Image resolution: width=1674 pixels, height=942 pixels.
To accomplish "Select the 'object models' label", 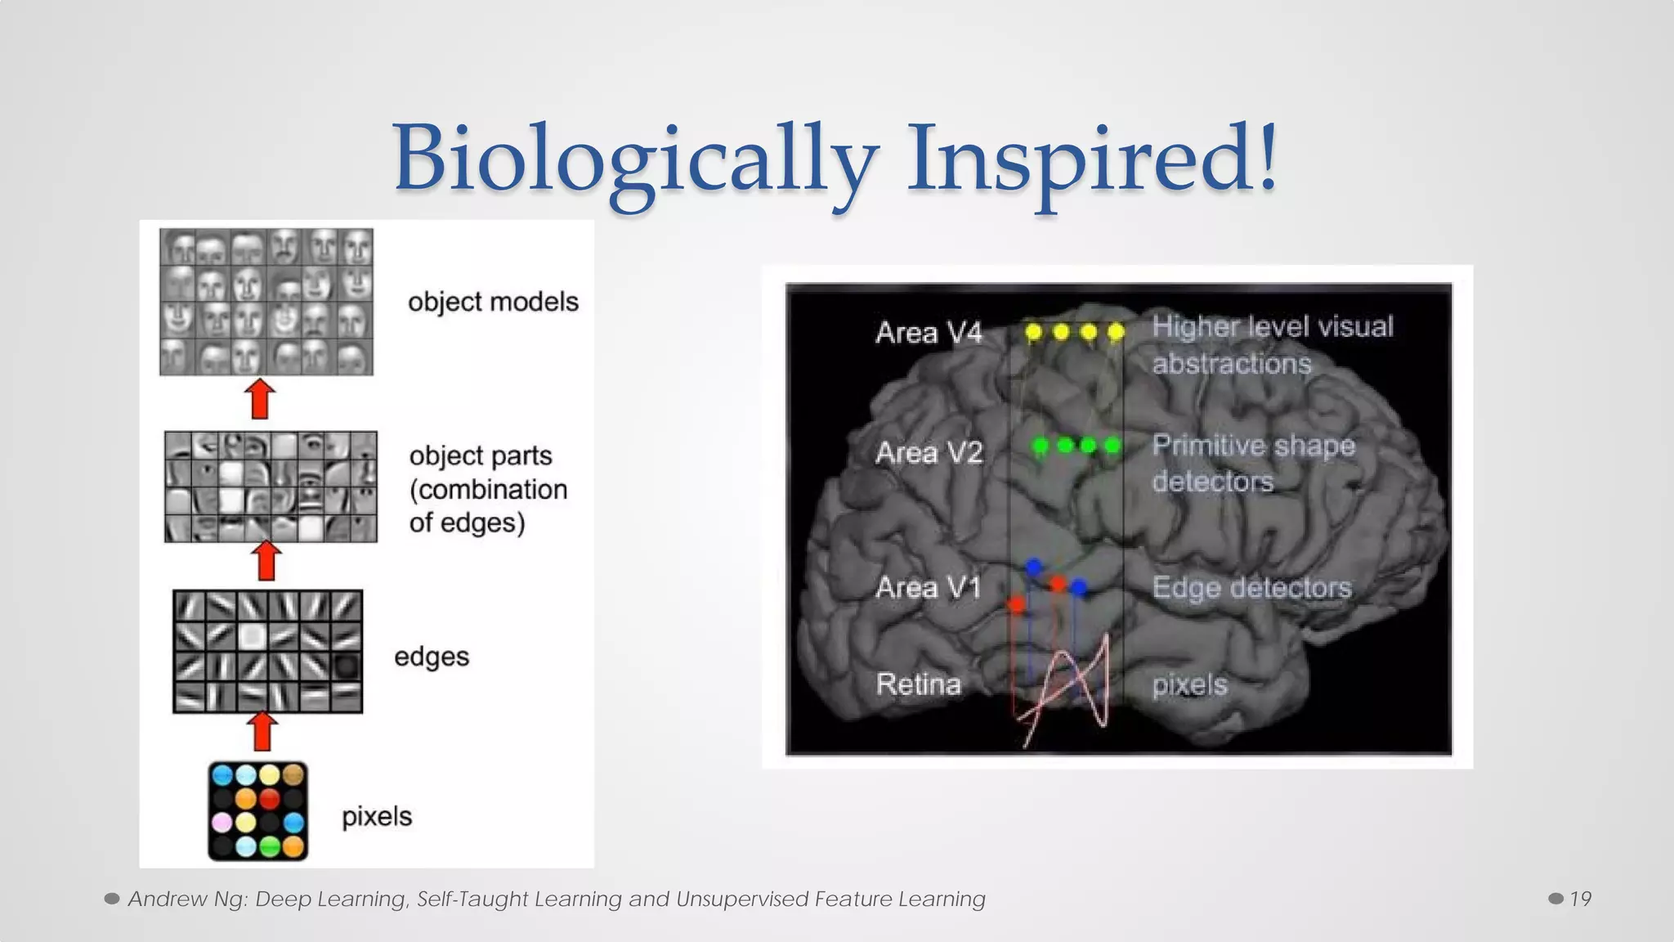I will tap(493, 302).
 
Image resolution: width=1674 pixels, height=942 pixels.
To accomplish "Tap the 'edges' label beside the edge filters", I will tap(432, 657).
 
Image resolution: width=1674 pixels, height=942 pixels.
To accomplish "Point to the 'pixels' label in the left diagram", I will tap(377, 816).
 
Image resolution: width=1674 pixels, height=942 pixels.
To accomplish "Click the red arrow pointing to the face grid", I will tap(260, 399).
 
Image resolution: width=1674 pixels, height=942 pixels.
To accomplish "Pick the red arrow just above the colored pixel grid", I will tap(262, 731).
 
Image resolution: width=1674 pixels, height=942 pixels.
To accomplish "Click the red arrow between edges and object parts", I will tap(266, 561).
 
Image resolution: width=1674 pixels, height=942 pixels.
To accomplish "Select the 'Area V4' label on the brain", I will tap(929, 333).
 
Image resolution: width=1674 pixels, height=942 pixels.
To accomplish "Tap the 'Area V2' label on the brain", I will tap(929, 452).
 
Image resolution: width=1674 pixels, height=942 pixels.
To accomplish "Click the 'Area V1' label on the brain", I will tap(928, 587).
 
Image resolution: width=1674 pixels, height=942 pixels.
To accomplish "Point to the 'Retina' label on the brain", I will tap(918, 684).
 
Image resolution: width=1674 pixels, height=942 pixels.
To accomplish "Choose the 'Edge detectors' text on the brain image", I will tap(1251, 587).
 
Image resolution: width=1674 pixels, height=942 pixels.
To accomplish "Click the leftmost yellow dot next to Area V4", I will tap(1033, 332).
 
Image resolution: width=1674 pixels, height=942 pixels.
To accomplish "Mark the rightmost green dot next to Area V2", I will tap(1112, 446).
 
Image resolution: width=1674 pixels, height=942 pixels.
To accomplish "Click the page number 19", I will tap(1580, 899).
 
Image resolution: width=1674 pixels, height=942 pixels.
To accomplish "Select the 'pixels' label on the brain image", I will tap(1189, 684).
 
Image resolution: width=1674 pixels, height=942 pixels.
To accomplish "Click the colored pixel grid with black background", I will tap(258, 810).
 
